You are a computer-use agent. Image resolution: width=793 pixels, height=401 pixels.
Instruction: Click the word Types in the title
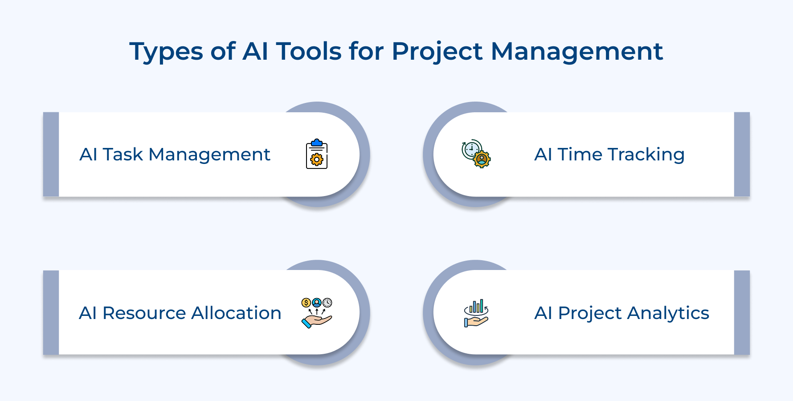[x=166, y=52]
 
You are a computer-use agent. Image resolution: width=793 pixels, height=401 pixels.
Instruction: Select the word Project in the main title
[x=437, y=52]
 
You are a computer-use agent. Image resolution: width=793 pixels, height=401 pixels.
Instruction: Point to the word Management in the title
[x=576, y=52]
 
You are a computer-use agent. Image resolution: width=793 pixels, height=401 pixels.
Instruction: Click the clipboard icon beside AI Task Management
[x=317, y=154]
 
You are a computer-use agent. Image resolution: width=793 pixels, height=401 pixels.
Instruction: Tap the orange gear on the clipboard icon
[x=317, y=160]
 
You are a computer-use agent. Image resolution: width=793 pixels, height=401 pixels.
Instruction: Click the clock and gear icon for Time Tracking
[x=476, y=154]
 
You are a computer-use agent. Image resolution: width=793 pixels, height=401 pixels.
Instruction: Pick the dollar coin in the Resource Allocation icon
[x=306, y=303]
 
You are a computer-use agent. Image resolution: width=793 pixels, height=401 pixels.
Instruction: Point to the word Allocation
[x=237, y=313]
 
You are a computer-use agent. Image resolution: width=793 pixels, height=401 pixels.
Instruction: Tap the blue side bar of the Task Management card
[x=51, y=154]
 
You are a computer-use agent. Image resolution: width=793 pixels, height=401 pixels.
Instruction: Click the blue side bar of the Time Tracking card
[x=742, y=154]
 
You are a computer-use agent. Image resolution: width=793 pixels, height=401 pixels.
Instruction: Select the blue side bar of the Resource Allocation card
[x=51, y=312]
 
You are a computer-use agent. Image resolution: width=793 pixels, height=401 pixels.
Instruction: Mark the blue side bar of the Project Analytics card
[x=742, y=312]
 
